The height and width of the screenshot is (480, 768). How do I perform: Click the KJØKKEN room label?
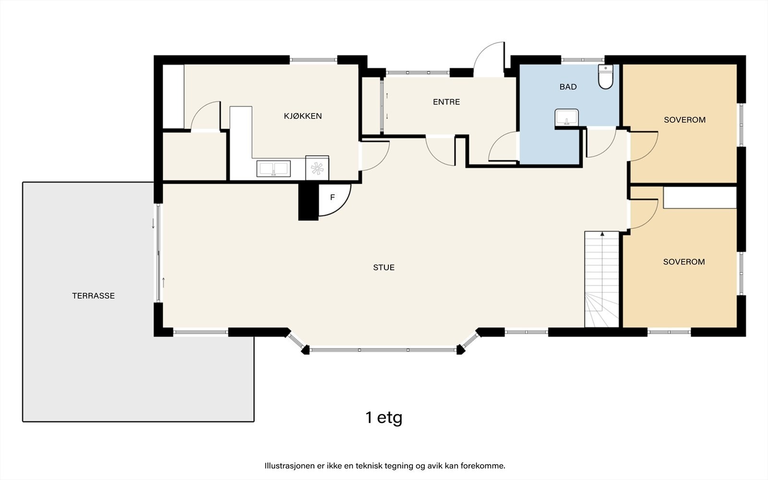[x=303, y=116]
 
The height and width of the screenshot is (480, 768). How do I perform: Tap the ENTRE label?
[x=446, y=102]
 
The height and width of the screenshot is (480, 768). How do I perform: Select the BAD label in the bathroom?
[x=568, y=87]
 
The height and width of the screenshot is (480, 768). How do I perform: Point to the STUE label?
[x=384, y=267]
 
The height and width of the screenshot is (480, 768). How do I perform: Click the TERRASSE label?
[x=93, y=296]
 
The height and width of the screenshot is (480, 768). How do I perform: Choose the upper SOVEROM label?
[x=684, y=120]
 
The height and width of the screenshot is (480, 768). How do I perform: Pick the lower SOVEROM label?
[x=684, y=262]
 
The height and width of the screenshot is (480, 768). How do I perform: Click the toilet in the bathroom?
[x=605, y=77]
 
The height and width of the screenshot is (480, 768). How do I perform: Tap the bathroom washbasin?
[x=567, y=117]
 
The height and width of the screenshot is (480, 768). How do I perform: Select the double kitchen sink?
[x=274, y=168]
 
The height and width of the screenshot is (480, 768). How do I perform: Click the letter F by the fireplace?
[x=332, y=197]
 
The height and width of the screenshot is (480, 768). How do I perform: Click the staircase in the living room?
[x=602, y=279]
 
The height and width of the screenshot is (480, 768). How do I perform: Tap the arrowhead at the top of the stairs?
[x=602, y=234]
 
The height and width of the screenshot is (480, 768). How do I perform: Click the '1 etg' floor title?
[x=384, y=418]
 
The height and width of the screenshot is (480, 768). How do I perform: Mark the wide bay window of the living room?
[x=384, y=350]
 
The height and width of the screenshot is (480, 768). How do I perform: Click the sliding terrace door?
[x=158, y=253]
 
